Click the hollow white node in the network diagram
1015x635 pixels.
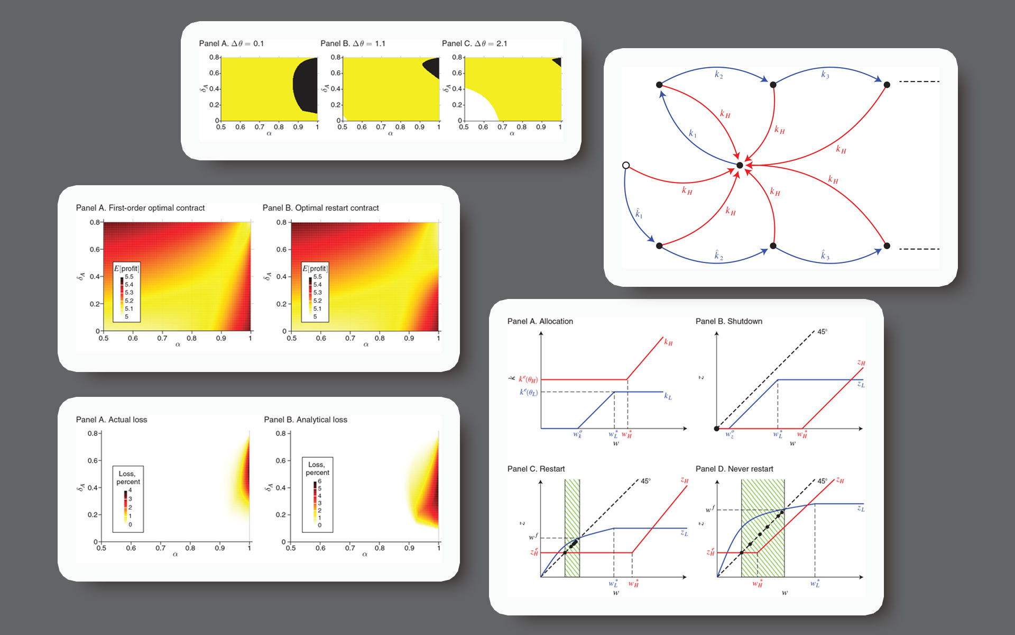(626, 166)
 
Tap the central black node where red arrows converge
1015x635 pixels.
(740, 166)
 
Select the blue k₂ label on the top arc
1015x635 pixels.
(718, 75)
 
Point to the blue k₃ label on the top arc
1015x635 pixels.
(825, 75)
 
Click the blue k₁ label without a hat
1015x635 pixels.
(693, 133)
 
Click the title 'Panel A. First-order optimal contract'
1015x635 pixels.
(140, 208)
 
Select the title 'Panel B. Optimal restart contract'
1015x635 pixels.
(320, 208)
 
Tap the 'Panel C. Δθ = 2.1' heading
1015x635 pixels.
(474, 43)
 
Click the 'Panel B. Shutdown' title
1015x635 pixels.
(728, 321)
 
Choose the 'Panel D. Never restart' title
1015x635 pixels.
(734, 469)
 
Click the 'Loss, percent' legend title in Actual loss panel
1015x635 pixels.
(128, 477)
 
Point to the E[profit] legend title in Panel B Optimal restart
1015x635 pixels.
(315, 268)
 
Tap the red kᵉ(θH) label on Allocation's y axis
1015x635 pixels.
(528, 379)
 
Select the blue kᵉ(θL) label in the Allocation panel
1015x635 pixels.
(528, 392)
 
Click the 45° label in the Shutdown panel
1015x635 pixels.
(822, 332)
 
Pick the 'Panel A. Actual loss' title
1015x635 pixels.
(112, 420)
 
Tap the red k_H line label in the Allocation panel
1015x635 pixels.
(668, 342)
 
